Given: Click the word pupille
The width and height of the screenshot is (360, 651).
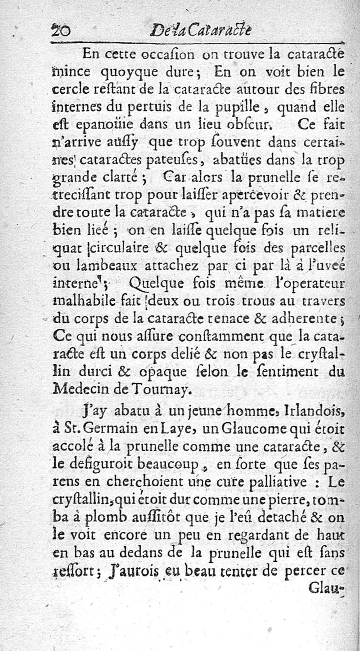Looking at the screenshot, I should pyautogui.click(x=247, y=107).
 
